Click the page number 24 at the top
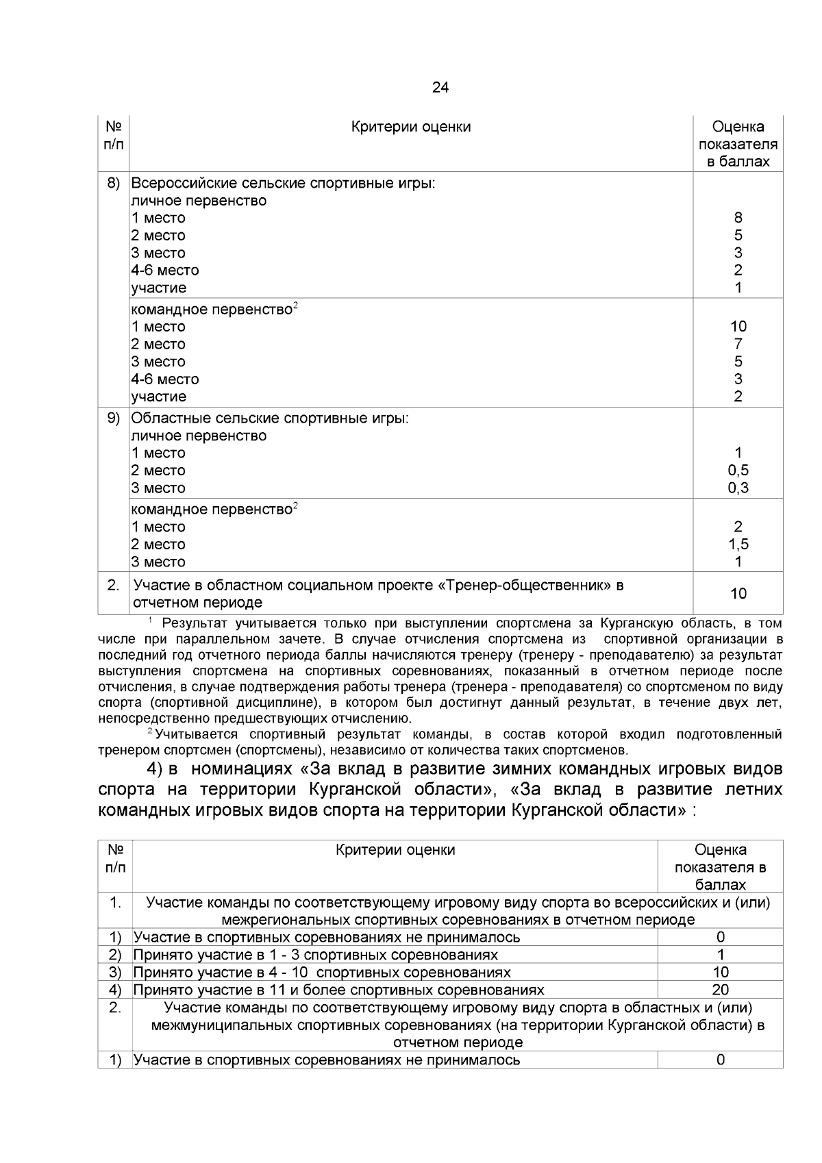440,88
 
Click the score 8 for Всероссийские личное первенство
738,218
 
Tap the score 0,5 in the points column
738,471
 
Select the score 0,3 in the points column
738,488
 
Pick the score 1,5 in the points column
738,545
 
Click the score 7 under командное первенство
738,344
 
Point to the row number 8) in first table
114,183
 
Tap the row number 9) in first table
114,418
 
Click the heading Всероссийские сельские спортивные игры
283,184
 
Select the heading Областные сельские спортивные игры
270,418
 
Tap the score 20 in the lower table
720,990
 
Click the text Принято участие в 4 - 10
321,973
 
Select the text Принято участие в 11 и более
338,990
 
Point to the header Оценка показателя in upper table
738,144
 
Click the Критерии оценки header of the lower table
395,850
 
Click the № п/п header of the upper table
114,135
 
